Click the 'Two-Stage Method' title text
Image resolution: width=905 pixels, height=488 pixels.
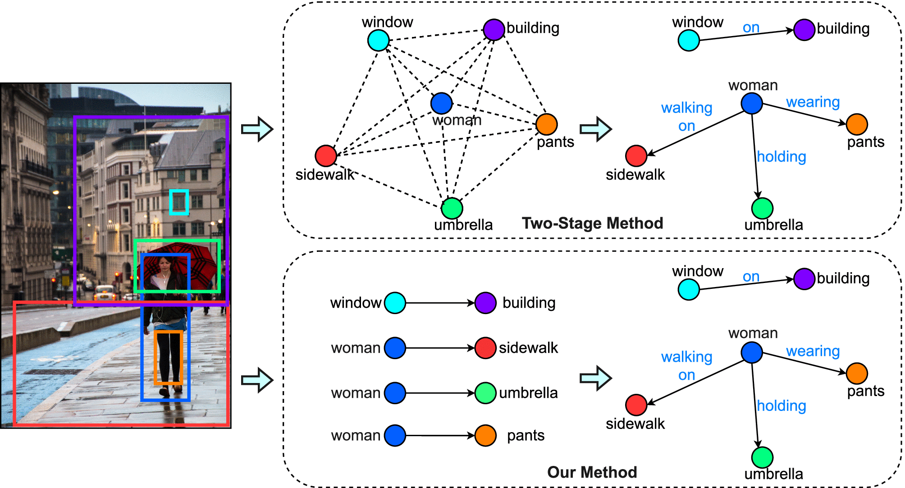[592, 223]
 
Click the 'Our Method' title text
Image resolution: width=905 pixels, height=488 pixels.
[592, 472]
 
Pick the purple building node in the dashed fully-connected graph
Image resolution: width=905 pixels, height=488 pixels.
[494, 30]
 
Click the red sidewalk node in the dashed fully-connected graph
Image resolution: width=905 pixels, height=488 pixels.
[326, 156]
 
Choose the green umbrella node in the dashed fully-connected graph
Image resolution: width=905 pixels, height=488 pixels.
[452, 208]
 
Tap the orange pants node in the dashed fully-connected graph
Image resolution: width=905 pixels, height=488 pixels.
[546, 124]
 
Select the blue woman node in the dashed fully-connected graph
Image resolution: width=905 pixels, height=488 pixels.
[441, 103]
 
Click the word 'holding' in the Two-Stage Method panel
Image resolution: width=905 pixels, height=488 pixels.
[781, 157]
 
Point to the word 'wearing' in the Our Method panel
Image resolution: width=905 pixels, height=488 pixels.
[813, 351]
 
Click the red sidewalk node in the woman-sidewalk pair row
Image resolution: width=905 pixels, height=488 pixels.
[485, 348]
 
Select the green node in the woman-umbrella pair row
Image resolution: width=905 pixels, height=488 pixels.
[485, 393]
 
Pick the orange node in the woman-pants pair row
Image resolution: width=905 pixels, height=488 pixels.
[485, 435]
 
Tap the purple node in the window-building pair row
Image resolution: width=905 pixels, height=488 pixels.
[485, 303]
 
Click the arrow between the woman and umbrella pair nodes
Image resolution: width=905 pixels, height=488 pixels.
[439, 393]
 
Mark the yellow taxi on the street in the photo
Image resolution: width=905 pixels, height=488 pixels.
[105, 293]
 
